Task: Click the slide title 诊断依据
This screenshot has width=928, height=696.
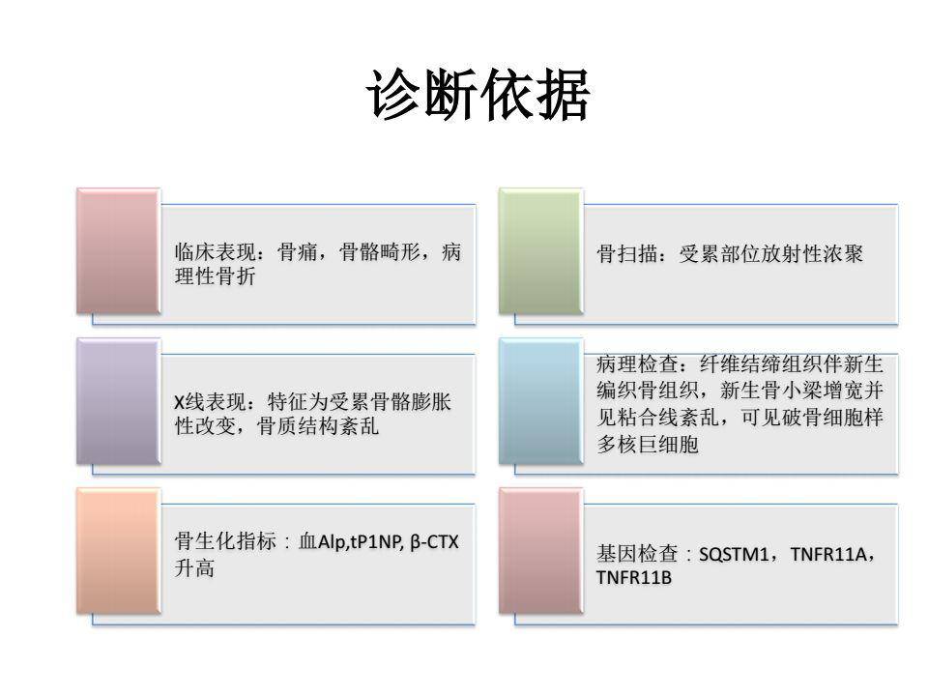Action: [478, 96]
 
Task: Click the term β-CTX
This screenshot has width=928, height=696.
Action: [434, 543]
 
